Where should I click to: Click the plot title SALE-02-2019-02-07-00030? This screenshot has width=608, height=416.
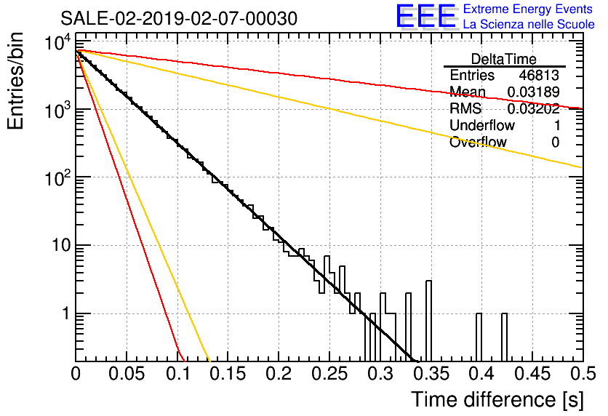coord(179,18)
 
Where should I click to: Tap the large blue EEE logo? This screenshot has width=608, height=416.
coord(426,16)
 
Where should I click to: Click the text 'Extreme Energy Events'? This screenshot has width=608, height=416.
coord(528,9)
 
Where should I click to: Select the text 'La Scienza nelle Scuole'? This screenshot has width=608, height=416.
coord(529,24)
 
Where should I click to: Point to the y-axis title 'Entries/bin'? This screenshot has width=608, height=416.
coord(15,81)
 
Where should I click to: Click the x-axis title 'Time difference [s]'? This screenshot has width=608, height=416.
coord(497,399)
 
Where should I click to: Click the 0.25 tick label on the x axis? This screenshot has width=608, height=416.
coord(329,374)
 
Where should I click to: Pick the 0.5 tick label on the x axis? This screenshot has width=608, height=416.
coord(583,374)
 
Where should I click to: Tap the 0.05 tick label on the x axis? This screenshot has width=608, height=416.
coord(127,374)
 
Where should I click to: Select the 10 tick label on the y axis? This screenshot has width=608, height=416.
coord(61,245)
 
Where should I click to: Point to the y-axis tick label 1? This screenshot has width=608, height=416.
coord(66,313)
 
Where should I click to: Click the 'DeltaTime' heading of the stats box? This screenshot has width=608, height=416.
coord(503,59)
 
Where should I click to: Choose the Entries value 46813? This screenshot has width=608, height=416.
coord(539,75)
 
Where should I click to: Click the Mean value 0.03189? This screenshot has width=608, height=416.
coord(533,92)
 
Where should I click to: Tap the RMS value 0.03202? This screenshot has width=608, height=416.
coord(533,108)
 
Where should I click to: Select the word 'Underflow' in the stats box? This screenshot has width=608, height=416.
coord(482,125)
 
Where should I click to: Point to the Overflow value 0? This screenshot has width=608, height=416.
coord(555,143)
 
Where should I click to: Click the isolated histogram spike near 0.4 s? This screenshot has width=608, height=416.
coord(479,337)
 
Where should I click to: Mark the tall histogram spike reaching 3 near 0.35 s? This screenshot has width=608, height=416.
coord(428,321)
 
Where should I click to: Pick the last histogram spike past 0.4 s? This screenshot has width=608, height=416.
coord(504,337)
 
